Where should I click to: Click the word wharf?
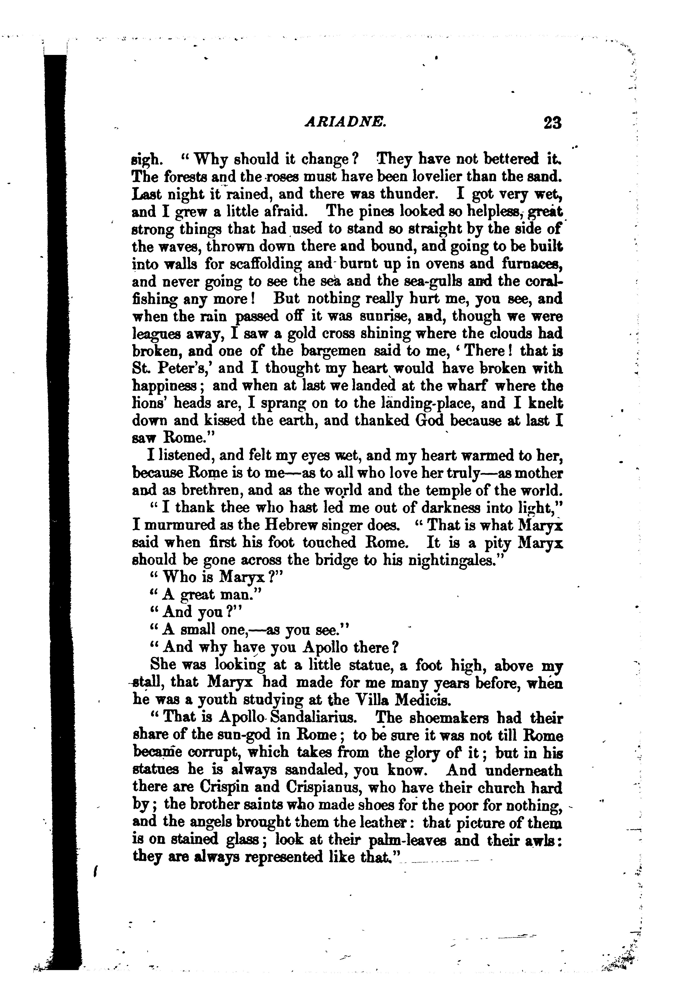click(468, 386)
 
